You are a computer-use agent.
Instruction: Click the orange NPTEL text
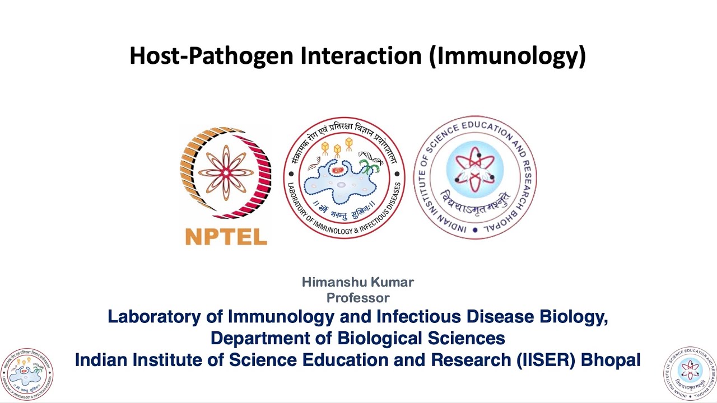[x=226, y=237]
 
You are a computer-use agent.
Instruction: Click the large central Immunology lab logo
[x=344, y=178]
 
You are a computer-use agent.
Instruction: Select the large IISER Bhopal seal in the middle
[x=475, y=178]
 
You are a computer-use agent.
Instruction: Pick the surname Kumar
[x=390, y=282]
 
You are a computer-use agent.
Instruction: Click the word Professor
[x=358, y=298]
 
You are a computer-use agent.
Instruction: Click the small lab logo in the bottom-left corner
[x=27, y=374]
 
